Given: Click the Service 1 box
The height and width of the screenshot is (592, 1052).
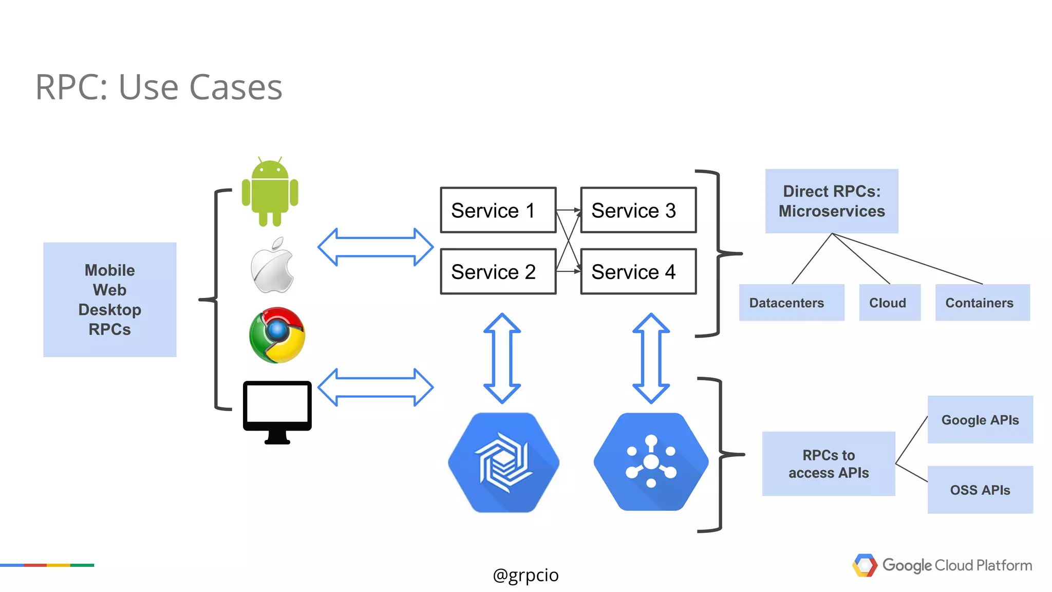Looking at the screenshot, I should [498, 210].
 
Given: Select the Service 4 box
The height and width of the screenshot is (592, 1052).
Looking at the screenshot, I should [638, 271].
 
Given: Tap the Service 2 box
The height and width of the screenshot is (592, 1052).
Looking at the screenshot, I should [498, 271].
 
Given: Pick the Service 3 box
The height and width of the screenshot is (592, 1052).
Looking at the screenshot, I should [638, 210].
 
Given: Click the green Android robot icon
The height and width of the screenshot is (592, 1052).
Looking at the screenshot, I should [270, 192].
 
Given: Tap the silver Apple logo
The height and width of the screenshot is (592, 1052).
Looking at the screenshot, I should [272, 266].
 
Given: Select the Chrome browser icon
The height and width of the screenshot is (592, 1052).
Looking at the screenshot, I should [277, 335].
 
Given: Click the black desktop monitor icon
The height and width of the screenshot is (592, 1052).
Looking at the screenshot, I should [277, 411].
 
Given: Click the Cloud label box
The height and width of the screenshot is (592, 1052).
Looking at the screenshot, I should [889, 303].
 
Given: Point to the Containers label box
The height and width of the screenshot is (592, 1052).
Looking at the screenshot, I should [982, 303].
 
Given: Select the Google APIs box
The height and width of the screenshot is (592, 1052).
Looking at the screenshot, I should [980, 419].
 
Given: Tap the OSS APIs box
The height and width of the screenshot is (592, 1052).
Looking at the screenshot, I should [980, 489].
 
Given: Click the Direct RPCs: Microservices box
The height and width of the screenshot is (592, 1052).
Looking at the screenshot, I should [831, 201].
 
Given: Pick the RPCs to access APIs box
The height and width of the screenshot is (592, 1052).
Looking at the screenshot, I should [828, 464].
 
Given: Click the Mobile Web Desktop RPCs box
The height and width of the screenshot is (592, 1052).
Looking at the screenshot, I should [109, 300].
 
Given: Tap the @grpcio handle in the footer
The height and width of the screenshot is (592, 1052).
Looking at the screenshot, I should [525, 575].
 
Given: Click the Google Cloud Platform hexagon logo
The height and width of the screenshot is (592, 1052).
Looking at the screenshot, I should [865, 565].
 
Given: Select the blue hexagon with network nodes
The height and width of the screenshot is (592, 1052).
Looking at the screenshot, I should [651, 461].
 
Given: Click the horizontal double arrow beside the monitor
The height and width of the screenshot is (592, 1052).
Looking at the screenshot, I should [375, 387].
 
